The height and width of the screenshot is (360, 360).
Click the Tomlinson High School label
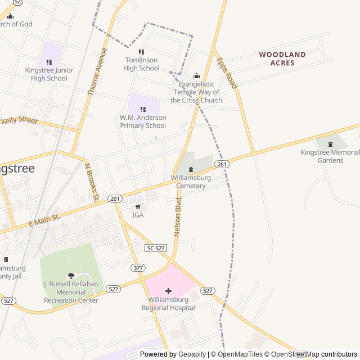[x=142, y=64]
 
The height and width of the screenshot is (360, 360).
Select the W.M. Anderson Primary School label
[x=143, y=121]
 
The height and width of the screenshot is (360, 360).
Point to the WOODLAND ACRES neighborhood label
[x=282, y=59]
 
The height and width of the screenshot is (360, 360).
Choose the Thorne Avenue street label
[x=96, y=71]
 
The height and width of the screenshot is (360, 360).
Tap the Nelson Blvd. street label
[x=178, y=217]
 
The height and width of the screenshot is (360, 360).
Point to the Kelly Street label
[x=20, y=120]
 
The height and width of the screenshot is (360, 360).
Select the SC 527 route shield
[x=156, y=248]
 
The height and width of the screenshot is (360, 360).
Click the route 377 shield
[x=138, y=267]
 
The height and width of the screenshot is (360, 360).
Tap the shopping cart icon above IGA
[x=138, y=206]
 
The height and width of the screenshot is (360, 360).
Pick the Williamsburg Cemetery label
[x=191, y=182]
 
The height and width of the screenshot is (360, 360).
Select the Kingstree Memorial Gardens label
[x=330, y=156]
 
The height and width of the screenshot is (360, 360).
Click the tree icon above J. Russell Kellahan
[x=71, y=275]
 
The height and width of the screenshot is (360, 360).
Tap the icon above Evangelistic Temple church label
[x=196, y=76]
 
